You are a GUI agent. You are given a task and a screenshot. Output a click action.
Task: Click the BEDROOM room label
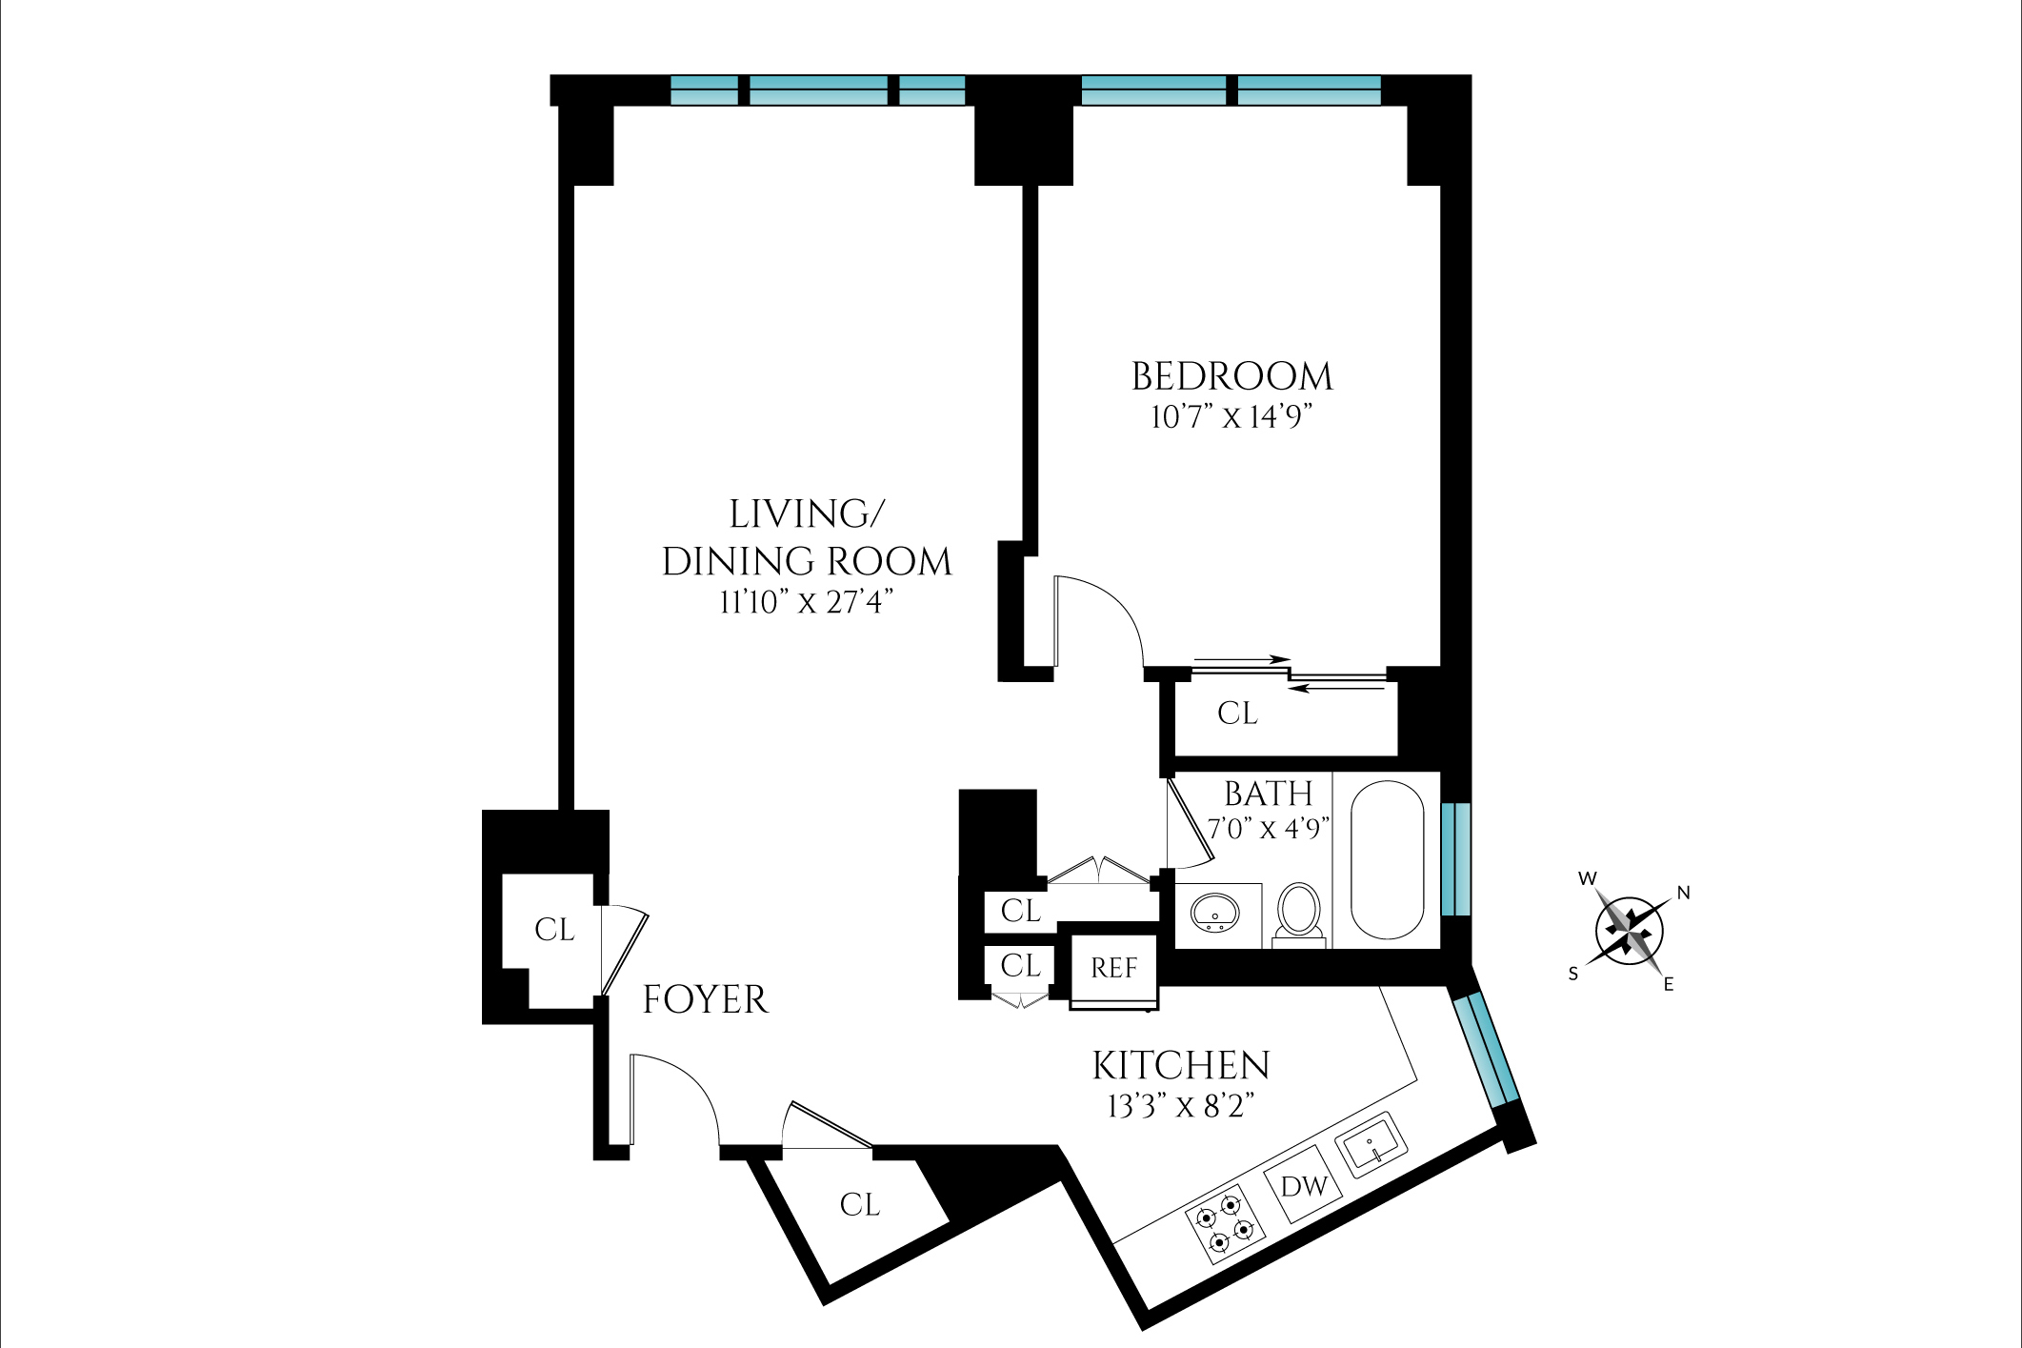[1231, 376]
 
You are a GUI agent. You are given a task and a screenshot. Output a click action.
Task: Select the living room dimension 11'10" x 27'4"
[806, 602]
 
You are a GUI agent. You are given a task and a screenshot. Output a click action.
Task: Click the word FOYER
[705, 999]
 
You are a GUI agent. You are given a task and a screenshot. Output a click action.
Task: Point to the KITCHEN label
[1180, 1065]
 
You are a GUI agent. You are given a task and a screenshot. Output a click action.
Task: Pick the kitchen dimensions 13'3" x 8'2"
[1180, 1106]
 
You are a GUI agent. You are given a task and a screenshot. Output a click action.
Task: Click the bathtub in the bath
[1387, 860]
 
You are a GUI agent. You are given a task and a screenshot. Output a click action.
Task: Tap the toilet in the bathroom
[1298, 913]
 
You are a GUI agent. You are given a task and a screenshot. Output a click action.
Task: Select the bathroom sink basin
[1214, 913]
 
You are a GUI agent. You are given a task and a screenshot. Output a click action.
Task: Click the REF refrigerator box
[1113, 969]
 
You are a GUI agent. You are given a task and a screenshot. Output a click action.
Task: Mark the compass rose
[1629, 930]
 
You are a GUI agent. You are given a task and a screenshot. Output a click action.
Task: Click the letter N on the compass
[1683, 893]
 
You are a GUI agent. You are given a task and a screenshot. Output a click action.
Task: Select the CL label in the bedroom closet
[1237, 713]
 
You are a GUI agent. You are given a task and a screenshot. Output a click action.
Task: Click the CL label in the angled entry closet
[859, 1205]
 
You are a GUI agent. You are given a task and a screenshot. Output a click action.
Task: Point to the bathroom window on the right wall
[1455, 859]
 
